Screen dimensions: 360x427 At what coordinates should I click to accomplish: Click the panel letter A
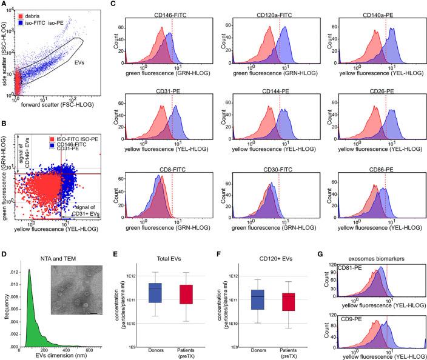tap(5, 5)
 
